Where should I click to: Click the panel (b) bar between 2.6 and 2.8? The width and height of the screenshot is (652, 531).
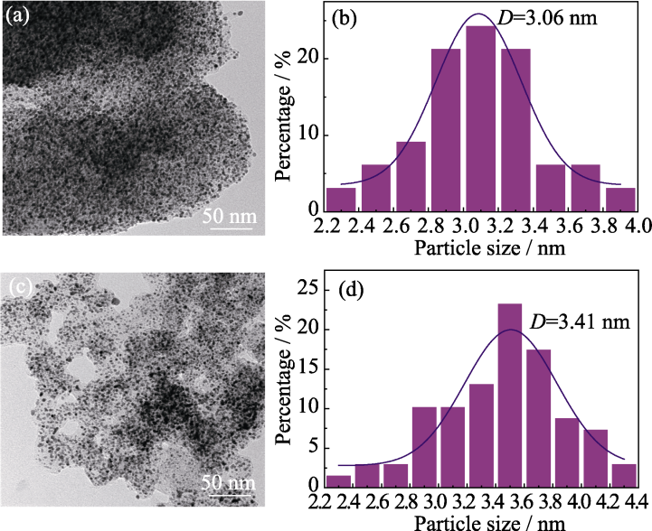pyautogui.click(x=411, y=177)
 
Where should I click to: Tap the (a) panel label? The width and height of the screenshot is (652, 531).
pyautogui.click(x=19, y=15)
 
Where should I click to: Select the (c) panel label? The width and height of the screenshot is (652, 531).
pyautogui.click(x=20, y=288)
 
